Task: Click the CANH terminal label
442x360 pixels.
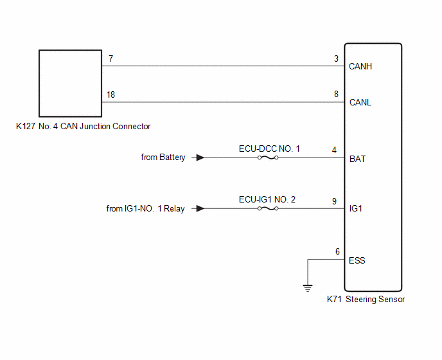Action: tap(360, 66)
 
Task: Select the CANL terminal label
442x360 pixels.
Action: tap(360, 102)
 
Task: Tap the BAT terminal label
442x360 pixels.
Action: tap(357, 159)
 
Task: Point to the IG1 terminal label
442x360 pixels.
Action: tap(355, 208)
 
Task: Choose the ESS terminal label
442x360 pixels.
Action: tap(357, 260)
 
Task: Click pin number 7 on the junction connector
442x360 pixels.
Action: tap(110, 59)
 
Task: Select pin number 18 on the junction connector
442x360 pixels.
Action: tap(110, 94)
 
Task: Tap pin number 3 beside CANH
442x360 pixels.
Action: tap(336, 59)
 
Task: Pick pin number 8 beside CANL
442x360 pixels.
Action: tap(336, 94)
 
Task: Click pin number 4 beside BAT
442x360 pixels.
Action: tap(334, 150)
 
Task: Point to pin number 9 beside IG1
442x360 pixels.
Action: tap(334, 201)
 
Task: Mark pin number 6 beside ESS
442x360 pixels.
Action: tap(337, 251)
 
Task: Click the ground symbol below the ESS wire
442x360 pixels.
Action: tap(308, 288)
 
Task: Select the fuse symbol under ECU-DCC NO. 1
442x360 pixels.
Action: tap(268, 157)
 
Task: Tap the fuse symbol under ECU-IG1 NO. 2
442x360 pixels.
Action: tap(268, 208)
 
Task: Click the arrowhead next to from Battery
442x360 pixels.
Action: tap(200, 157)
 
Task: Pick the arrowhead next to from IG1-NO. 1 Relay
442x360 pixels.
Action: tap(200, 208)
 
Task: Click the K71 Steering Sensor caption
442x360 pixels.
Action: tap(366, 299)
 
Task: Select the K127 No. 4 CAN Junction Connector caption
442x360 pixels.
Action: tap(83, 126)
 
